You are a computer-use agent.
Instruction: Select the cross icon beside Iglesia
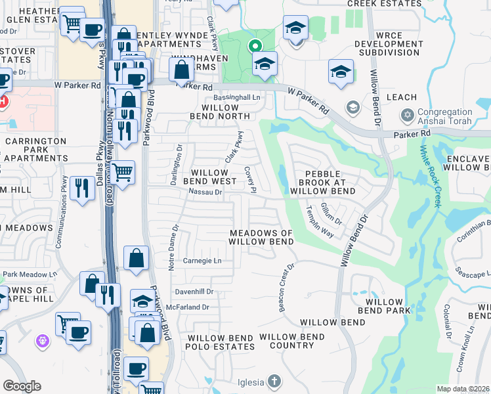[x=274, y=382]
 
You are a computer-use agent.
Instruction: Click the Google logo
[x=22, y=386]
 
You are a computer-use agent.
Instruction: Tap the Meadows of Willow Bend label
[x=261, y=237]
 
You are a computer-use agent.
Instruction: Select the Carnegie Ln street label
[x=203, y=260]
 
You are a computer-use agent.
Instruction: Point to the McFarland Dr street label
[x=187, y=307]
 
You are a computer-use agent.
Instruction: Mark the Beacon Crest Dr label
[x=286, y=288]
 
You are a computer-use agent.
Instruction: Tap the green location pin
[x=254, y=47]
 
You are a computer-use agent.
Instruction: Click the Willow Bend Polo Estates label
[x=221, y=341]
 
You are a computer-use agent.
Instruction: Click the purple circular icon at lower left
[x=43, y=341]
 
